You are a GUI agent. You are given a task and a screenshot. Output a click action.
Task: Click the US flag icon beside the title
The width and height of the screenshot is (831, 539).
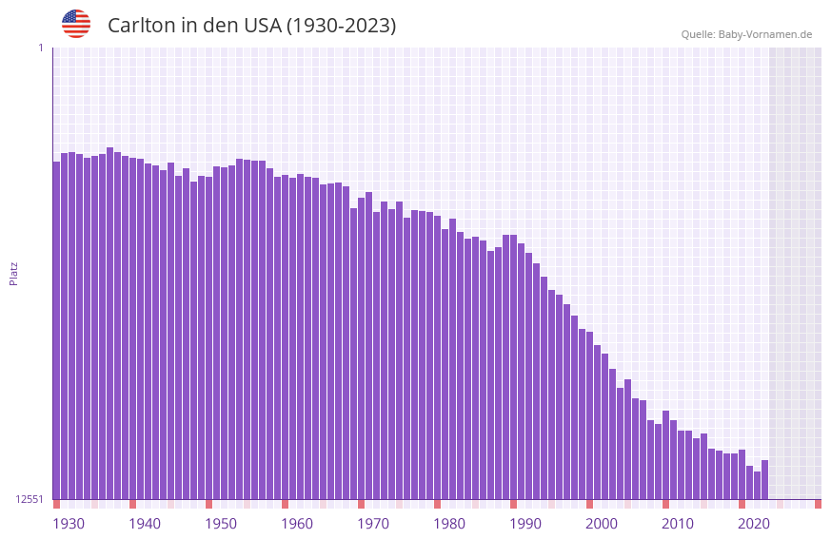tap(76, 24)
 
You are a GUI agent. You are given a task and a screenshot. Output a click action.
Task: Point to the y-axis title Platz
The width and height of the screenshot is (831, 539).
tap(13, 273)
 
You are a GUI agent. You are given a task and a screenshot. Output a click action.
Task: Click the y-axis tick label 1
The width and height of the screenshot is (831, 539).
tap(40, 48)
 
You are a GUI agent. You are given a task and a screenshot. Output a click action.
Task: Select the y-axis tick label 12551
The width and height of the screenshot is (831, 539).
tap(30, 499)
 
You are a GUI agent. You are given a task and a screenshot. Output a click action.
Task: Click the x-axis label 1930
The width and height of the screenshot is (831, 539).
tap(69, 524)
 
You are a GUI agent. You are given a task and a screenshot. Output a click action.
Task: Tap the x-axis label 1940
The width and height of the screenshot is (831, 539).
tap(145, 524)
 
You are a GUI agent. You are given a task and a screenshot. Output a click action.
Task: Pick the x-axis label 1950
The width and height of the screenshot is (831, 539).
tap(221, 524)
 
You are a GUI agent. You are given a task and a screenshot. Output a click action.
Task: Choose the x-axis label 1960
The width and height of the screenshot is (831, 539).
tap(297, 524)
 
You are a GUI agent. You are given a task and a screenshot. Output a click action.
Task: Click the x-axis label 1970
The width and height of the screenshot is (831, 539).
tap(373, 524)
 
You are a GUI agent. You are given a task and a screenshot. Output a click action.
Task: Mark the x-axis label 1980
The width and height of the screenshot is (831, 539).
tap(449, 524)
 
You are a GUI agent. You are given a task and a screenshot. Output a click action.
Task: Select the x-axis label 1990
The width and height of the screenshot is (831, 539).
tap(525, 524)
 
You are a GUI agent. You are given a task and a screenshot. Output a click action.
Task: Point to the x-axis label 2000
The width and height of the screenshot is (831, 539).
tap(602, 524)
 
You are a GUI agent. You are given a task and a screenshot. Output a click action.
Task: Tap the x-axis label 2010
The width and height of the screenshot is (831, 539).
tap(678, 524)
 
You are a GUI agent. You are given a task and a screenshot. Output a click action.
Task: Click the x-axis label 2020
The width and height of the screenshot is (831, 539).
tap(754, 524)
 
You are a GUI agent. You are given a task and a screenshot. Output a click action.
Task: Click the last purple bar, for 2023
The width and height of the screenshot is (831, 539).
tap(764, 479)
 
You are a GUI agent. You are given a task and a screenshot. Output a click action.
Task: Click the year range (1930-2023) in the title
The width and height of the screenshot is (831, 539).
tap(341, 26)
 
